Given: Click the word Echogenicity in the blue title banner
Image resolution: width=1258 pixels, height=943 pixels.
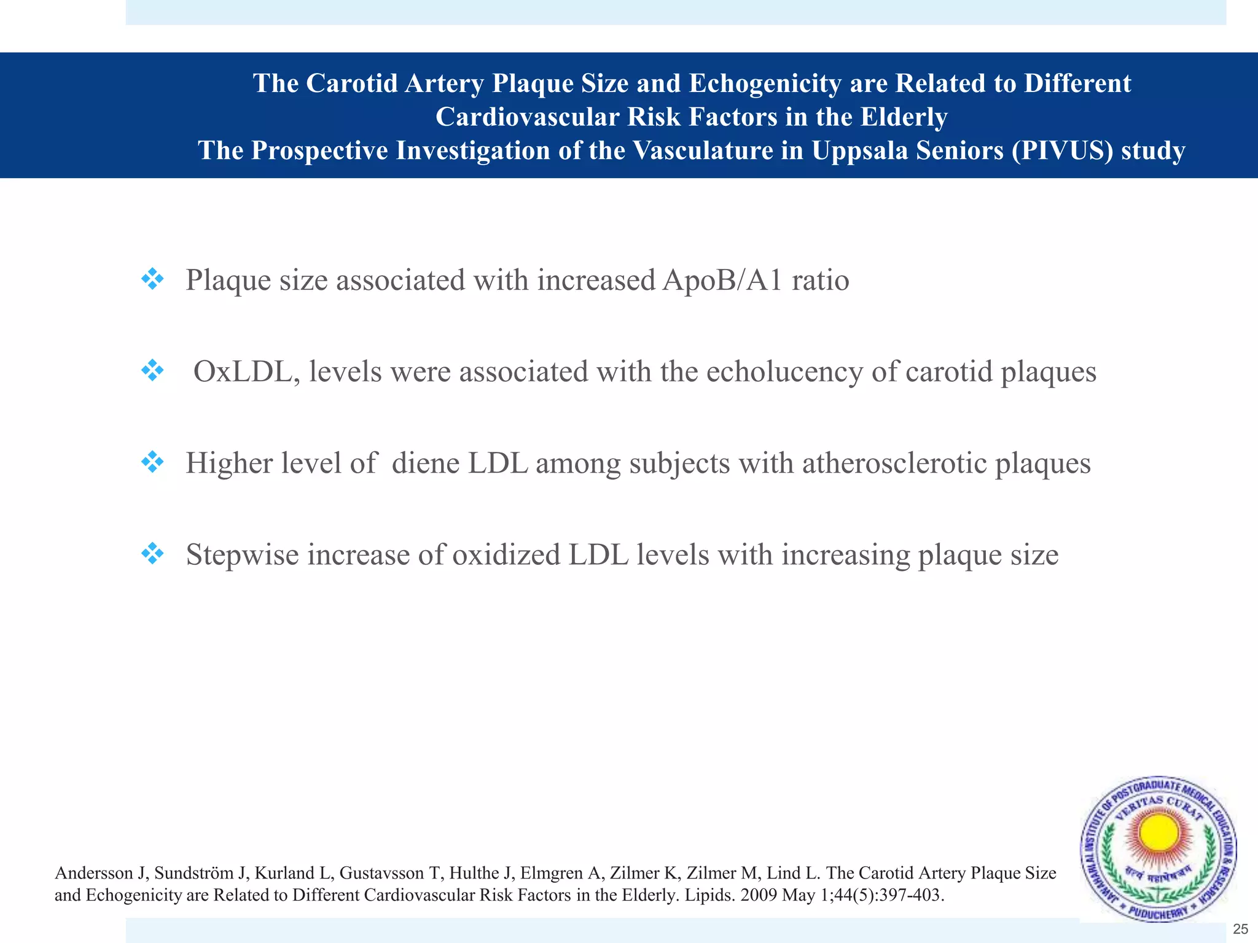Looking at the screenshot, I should tap(764, 83).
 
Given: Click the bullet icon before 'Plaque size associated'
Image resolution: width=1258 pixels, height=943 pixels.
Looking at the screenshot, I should tap(152, 280).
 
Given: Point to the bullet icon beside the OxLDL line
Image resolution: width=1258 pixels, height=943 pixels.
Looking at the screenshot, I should tap(152, 371).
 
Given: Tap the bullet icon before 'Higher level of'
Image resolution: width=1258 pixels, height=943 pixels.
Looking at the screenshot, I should tap(152, 462).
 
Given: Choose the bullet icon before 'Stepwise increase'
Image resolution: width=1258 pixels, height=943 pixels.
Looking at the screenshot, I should tap(152, 554).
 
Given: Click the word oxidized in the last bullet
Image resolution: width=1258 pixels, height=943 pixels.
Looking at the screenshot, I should tap(506, 555).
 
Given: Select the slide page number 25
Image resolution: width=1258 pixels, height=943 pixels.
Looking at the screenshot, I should tap(1240, 929).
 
